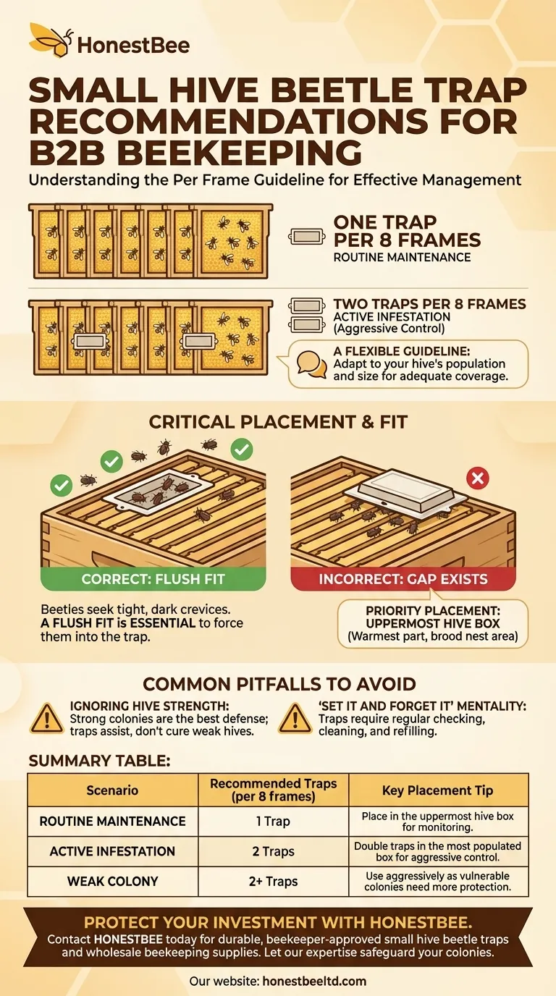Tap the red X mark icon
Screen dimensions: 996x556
point(479,478)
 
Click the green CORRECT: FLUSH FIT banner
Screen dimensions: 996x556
point(153,579)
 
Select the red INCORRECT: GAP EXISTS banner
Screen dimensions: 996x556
point(403,579)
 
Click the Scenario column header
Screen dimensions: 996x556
point(112,790)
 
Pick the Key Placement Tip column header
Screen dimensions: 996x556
point(438,790)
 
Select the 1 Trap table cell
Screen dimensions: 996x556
point(273,822)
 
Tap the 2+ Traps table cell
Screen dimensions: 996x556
point(273,881)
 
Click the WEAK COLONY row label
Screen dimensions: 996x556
point(112,881)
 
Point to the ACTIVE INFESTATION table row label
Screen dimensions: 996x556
point(112,851)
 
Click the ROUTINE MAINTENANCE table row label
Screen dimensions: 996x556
point(112,822)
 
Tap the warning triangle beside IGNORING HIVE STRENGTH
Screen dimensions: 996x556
point(46,717)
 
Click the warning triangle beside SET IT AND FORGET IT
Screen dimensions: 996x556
point(295,717)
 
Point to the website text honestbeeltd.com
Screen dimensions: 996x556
point(313,982)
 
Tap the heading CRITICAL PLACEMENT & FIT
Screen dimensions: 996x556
point(277,422)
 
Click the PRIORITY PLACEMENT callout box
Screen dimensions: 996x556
point(433,624)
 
